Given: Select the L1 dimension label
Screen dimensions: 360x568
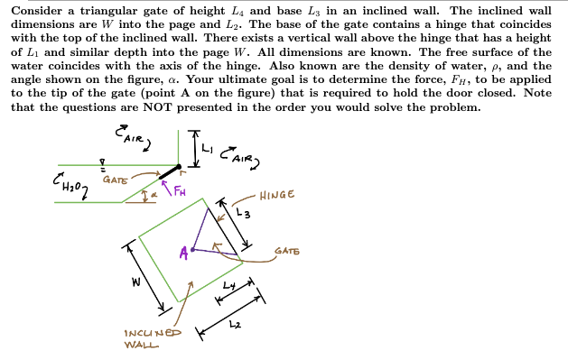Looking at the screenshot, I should (x=210, y=145).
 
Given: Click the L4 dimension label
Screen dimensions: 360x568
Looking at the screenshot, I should (x=228, y=283).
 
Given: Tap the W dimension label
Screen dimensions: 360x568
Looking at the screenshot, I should (x=135, y=281).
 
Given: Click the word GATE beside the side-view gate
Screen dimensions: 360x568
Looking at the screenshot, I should (x=115, y=179).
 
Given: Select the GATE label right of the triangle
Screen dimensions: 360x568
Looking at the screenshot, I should (x=288, y=250).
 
